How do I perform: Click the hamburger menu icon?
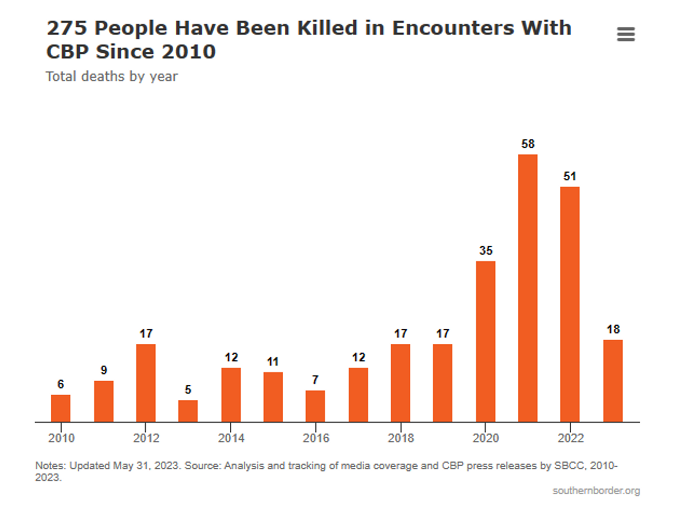(626, 35)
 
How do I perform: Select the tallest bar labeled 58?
(527, 288)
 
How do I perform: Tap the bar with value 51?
(570, 304)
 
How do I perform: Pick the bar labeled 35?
(485, 342)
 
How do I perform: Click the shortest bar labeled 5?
(188, 411)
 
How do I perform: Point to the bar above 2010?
(60, 408)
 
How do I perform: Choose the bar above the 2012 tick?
(146, 383)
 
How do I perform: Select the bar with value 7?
(315, 406)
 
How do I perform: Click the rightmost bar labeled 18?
(613, 381)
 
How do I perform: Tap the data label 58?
(528, 144)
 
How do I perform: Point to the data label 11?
(273, 362)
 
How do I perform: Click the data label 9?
(104, 371)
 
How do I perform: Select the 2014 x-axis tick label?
(231, 438)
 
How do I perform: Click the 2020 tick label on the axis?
(485, 438)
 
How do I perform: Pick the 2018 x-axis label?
(401, 438)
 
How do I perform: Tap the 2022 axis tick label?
(570, 438)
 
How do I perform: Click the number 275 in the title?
(66, 28)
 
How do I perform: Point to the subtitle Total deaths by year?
(112, 76)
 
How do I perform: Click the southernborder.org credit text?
(596, 491)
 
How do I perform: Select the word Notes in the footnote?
(50, 466)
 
